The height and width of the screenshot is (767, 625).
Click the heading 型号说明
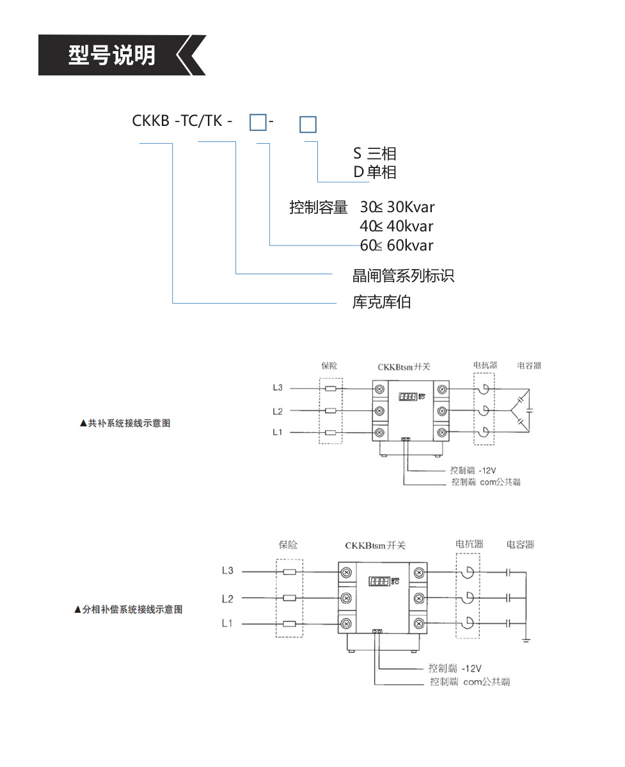click(x=112, y=56)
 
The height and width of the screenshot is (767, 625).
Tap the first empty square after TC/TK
click(x=257, y=121)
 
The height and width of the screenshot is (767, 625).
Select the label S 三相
click(x=375, y=153)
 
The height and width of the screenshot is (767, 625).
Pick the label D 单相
click(x=375, y=172)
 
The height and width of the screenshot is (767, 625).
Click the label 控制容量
click(x=318, y=207)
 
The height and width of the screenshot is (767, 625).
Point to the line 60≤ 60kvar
click(x=397, y=245)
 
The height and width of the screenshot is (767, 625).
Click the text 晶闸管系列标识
click(x=403, y=275)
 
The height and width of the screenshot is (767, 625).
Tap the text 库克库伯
click(x=382, y=302)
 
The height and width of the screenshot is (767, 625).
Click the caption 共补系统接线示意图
click(x=125, y=423)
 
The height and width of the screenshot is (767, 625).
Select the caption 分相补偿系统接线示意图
click(x=129, y=610)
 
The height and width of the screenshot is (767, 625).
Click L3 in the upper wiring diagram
click(x=278, y=387)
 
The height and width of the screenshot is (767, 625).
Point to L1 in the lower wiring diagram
click(x=227, y=623)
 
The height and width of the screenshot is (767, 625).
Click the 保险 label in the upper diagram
click(x=329, y=366)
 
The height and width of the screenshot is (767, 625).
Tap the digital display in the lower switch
click(x=379, y=582)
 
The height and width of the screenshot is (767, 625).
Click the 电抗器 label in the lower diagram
click(x=469, y=545)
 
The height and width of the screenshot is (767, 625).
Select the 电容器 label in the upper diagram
click(x=530, y=366)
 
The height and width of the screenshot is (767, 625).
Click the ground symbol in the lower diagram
click(x=525, y=638)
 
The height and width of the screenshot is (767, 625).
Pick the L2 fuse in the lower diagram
click(x=290, y=598)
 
